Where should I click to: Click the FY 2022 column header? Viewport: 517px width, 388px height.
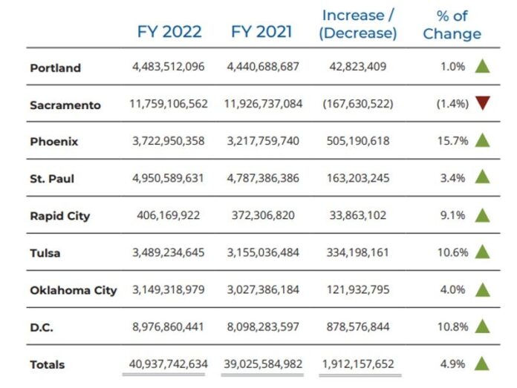pos(169,32)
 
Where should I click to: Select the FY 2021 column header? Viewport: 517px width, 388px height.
pos(262,32)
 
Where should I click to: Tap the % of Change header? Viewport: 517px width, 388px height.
pos(452,24)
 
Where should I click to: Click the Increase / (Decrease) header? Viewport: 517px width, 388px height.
pos(359,24)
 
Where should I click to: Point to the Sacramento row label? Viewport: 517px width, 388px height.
pos(65,105)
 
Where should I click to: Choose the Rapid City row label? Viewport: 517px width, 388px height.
pos(60,216)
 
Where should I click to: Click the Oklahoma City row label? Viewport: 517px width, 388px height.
pos(74,290)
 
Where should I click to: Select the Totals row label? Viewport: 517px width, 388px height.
pos(48,364)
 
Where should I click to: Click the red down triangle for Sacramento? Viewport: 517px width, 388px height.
pos(483,104)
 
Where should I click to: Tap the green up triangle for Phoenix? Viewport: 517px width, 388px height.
pos(483,140)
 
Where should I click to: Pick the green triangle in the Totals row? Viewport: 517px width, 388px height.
pos(483,363)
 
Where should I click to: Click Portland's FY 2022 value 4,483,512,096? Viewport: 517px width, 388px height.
pos(169,67)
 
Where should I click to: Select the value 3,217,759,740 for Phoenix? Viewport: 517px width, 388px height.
pos(262,141)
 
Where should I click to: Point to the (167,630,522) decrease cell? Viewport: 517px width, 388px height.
pos(359,104)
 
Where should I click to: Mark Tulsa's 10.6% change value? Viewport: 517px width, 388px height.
pos(452,252)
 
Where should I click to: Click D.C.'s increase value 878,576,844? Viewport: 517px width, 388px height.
pos(359,326)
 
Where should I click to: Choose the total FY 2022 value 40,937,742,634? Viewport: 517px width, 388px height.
pos(169,364)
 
